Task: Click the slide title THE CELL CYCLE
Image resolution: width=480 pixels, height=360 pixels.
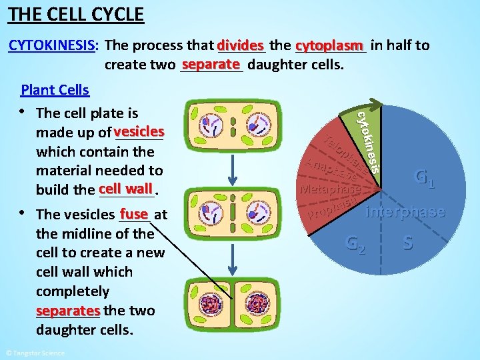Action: click(77, 13)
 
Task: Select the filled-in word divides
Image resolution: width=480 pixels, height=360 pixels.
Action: click(241, 45)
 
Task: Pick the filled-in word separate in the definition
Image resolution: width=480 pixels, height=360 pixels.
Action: click(211, 65)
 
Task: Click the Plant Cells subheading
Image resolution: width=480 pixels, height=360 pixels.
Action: click(55, 89)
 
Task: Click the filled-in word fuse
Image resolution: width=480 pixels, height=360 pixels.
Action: click(134, 214)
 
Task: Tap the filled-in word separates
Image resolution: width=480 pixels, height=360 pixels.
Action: click(68, 311)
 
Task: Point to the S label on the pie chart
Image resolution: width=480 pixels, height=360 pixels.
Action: click(407, 243)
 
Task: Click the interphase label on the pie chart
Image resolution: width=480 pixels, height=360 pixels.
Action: click(405, 212)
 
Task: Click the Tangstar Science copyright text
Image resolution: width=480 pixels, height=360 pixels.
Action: click(35, 353)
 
